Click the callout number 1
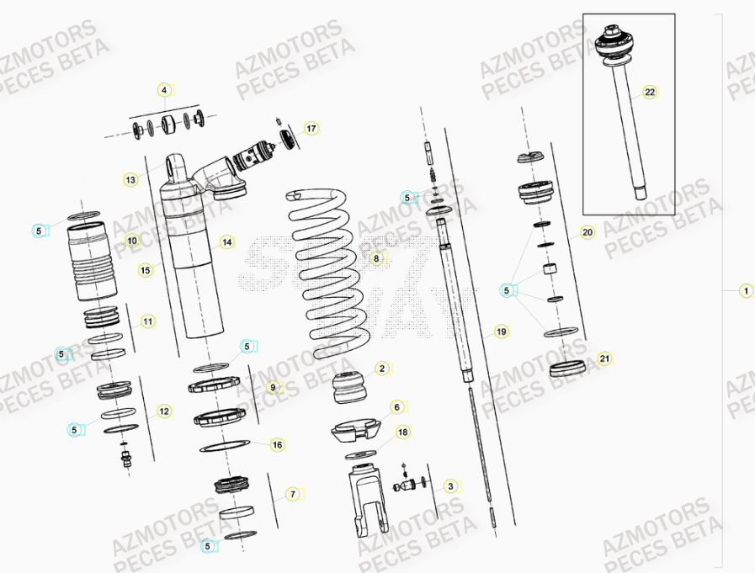pyautogui.click(x=745, y=291)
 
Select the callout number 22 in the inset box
pyautogui.click(x=649, y=93)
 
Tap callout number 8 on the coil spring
pyautogui.click(x=376, y=258)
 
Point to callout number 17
pyautogui.click(x=311, y=129)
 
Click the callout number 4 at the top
pyautogui.click(x=165, y=90)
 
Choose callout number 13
pyautogui.click(x=130, y=179)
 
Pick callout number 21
pyautogui.click(x=604, y=358)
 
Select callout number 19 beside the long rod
pyautogui.click(x=501, y=332)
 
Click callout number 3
pyautogui.click(x=450, y=485)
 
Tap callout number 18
pyautogui.click(x=402, y=432)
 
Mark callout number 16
pyautogui.click(x=277, y=444)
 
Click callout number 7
pyautogui.click(x=292, y=494)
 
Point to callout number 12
pyautogui.click(x=164, y=411)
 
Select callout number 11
pyautogui.click(x=147, y=321)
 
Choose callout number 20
pyautogui.click(x=588, y=232)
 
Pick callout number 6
pyautogui.click(x=396, y=406)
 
